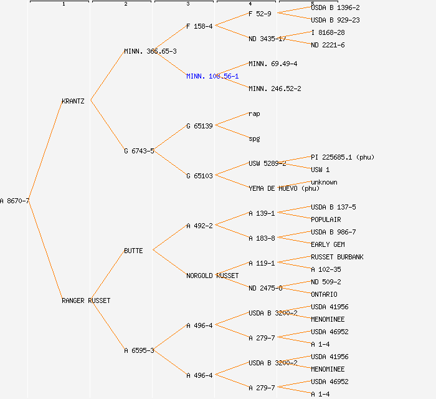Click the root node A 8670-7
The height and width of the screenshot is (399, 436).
(14, 201)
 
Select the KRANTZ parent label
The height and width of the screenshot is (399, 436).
(73, 101)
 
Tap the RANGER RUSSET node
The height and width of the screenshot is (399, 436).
(85, 300)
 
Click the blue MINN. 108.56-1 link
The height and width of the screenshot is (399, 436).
(212, 76)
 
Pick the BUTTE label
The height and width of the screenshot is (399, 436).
(133, 251)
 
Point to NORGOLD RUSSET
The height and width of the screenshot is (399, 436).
(212, 276)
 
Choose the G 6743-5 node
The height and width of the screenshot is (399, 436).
(139, 151)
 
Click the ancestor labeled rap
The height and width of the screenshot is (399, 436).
(254, 113)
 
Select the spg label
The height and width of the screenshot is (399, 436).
(254, 138)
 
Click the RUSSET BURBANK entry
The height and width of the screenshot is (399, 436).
(337, 257)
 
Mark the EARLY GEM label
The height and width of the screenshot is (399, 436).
(328, 244)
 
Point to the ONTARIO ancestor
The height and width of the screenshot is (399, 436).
(324, 294)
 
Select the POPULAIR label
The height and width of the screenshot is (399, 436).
(326, 219)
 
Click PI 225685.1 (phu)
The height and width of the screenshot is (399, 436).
(343, 157)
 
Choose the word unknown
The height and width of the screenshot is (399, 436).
(324, 182)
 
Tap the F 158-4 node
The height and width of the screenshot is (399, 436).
(199, 26)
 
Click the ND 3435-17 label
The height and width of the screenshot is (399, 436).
(267, 39)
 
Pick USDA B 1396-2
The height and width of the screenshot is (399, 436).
(335, 7)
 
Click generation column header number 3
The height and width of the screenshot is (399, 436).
(187, 4)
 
